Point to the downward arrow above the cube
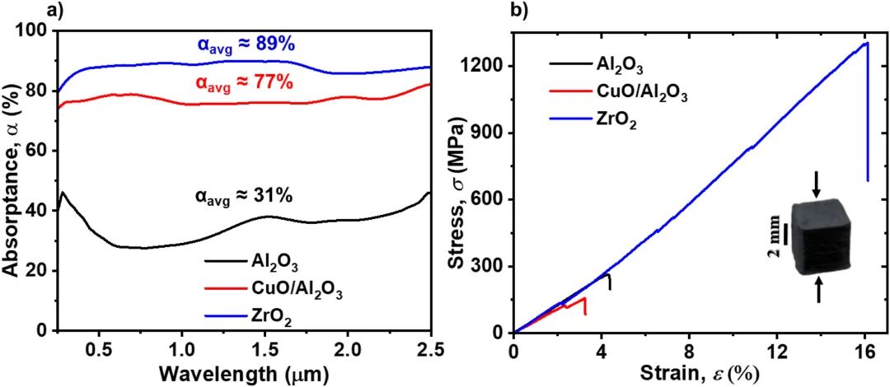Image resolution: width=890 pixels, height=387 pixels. point(816,185)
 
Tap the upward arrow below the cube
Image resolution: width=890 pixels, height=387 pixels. point(818,289)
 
